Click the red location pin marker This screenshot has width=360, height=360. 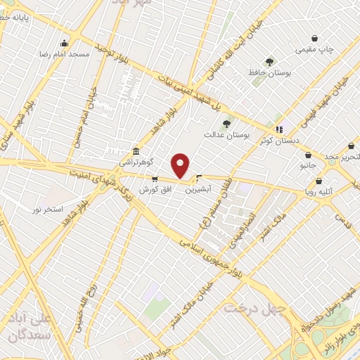[181, 165]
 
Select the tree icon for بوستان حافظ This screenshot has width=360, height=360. [269, 62]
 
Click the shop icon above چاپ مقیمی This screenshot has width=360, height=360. [314, 39]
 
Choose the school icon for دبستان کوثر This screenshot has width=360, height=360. [280, 129]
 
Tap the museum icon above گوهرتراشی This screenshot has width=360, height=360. [136, 151]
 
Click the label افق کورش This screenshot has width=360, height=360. [155, 190]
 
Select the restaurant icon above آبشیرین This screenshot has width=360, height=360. [200, 178]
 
